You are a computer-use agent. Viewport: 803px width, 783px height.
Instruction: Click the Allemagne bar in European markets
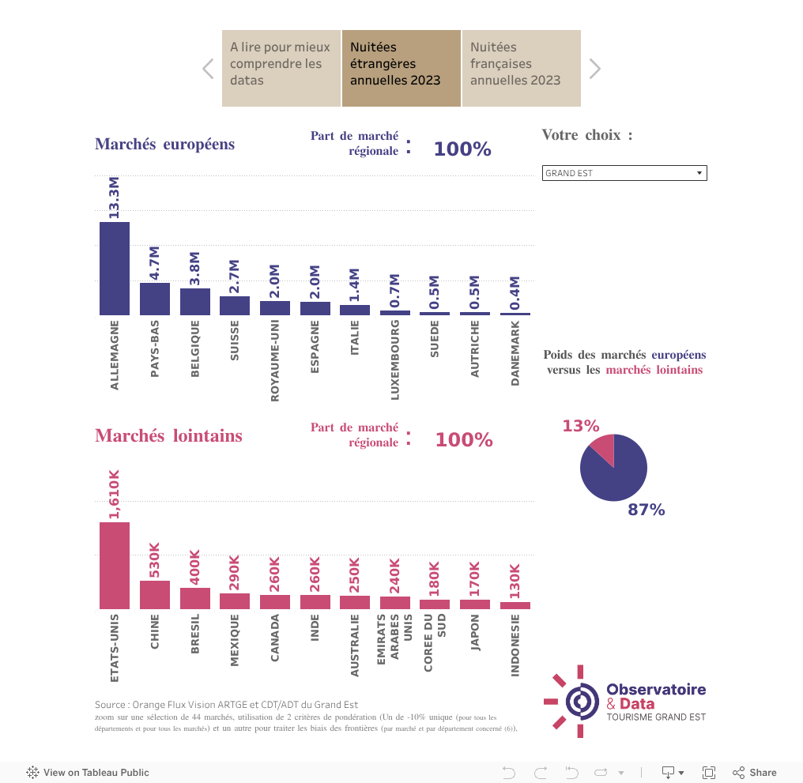tap(115, 269)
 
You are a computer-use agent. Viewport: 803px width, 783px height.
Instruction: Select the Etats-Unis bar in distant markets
tap(115, 565)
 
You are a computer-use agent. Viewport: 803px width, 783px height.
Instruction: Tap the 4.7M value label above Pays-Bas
tap(155, 264)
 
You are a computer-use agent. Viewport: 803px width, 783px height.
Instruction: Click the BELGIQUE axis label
tap(195, 348)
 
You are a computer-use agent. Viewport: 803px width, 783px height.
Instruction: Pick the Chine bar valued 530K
tap(155, 594)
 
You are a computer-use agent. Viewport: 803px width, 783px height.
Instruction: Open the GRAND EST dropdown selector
tap(624, 173)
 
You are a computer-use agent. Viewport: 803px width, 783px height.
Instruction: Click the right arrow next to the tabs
tap(595, 69)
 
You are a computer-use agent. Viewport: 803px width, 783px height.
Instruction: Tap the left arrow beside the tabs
tap(208, 69)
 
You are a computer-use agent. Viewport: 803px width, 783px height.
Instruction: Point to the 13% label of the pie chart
tap(581, 426)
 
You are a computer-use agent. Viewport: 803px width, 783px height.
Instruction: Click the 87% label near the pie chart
tap(646, 510)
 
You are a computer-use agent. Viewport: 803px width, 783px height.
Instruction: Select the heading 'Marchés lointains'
tap(168, 435)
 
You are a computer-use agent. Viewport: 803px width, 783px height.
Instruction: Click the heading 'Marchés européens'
tap(164, 144)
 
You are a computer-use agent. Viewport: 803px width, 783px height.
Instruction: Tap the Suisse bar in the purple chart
tap(235, 306)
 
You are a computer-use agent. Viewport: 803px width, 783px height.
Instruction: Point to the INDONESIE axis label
tap(515, 646)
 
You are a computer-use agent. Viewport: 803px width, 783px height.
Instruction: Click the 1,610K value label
tap(115, 495)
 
